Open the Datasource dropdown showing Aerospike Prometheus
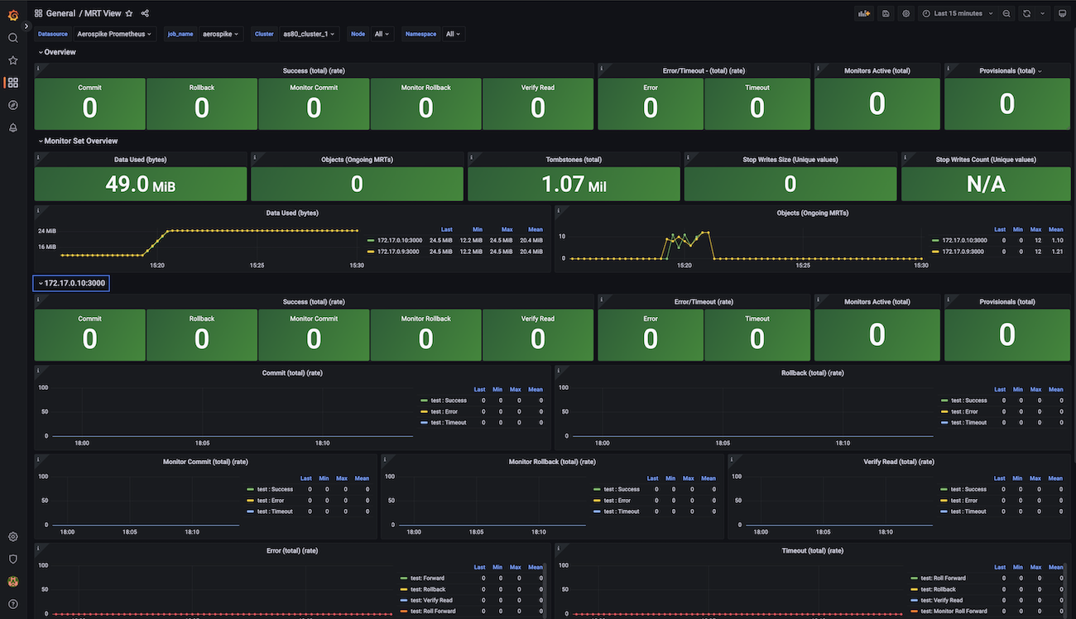114,34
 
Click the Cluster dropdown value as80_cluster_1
310,34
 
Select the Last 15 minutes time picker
958,13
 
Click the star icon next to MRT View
129,13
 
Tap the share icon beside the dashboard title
145,13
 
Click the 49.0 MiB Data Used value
140,184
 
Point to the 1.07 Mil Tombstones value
574,184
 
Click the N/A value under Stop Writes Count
985,184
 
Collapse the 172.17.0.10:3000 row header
71,283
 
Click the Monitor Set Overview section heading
81,142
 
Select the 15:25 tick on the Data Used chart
257,266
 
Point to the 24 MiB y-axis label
46,231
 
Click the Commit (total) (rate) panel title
292,373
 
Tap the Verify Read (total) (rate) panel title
898,462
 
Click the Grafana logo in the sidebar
12,14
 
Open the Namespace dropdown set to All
454,34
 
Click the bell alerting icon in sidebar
12,127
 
